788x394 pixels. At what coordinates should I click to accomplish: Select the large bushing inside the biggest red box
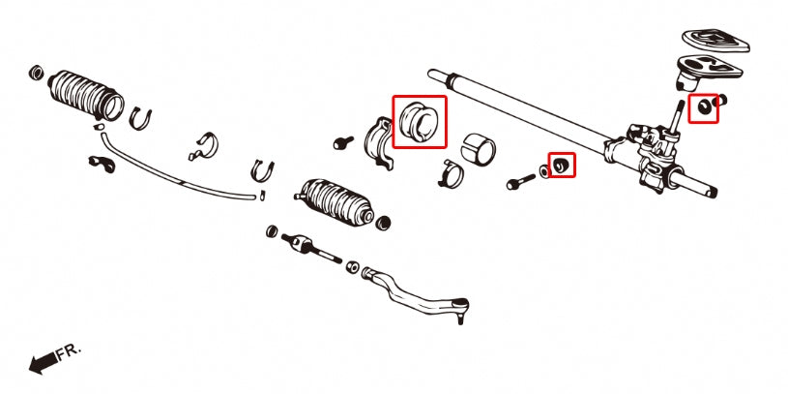[x=420, y=120]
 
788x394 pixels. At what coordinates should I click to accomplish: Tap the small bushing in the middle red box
[x=560, y=167]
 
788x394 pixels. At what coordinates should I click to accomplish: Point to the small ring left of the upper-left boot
[x=37, y=73]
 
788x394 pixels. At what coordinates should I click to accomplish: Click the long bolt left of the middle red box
[x=519, y=180]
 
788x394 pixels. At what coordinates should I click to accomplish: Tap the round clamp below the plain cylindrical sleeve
[x=451, y=178]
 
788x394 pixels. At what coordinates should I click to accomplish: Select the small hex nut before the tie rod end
[x=353, y=266]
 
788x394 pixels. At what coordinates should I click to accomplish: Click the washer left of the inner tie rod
[x=272, y=231]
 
